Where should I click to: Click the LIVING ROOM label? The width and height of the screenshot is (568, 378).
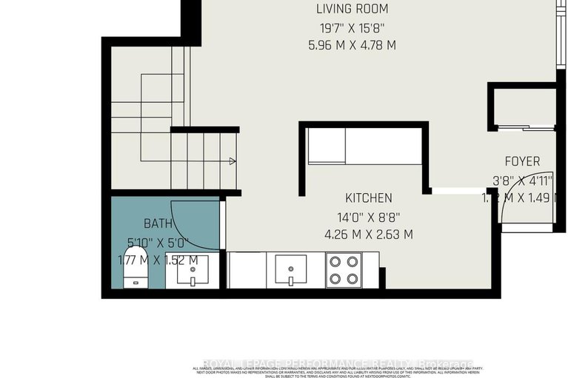[x=352, y=10]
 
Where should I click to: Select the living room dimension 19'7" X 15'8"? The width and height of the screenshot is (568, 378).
[x=352, y=28]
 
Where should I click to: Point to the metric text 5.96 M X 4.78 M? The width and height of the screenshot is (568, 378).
[x=352, y=45]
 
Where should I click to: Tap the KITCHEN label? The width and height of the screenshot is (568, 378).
[x=368, y=198]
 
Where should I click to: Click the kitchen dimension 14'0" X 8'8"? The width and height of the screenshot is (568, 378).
[x=368, y=218]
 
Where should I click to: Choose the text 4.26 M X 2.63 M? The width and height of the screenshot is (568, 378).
[x=368, y=235]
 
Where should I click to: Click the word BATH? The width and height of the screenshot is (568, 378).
[x=158, y=223]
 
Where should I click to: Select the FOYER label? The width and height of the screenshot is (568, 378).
[x=522, y=161]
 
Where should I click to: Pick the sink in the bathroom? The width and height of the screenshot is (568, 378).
[x=192, y=271]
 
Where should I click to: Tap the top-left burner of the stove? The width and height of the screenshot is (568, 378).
[x=335, y=261]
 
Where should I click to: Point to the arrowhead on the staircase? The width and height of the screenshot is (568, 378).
[x=233, y=161]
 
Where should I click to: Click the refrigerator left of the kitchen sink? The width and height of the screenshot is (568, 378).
[x=246, y=270]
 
